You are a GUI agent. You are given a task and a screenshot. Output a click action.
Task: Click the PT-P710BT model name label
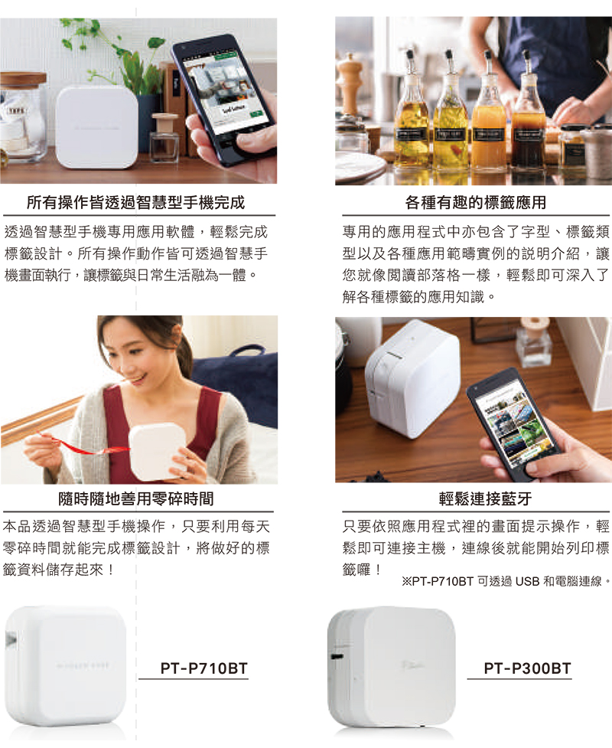[x=204, y=668]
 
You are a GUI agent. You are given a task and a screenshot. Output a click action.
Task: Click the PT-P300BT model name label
[x=527, y=668]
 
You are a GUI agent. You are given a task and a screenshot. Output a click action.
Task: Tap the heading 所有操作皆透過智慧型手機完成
[x=136, y=203]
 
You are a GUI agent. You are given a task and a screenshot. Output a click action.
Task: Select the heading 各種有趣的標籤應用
[x=476, y=203]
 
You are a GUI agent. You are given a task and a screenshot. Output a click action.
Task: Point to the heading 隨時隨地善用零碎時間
[x=136, y=499]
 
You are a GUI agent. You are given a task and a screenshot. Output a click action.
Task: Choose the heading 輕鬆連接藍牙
[x=485, y=499]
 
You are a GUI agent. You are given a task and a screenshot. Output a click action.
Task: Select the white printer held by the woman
[x=158, y=451]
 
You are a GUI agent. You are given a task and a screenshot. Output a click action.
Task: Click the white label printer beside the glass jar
[x=96, y=127]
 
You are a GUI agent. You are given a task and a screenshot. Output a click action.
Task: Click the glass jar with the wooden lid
[x=23, y=117]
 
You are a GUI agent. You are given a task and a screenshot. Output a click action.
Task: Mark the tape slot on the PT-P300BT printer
[x=337, y=655]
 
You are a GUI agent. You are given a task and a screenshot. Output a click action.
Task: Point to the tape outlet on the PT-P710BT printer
[x=11, y=639]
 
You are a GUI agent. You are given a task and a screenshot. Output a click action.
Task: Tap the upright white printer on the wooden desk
[x=411, y=377]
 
